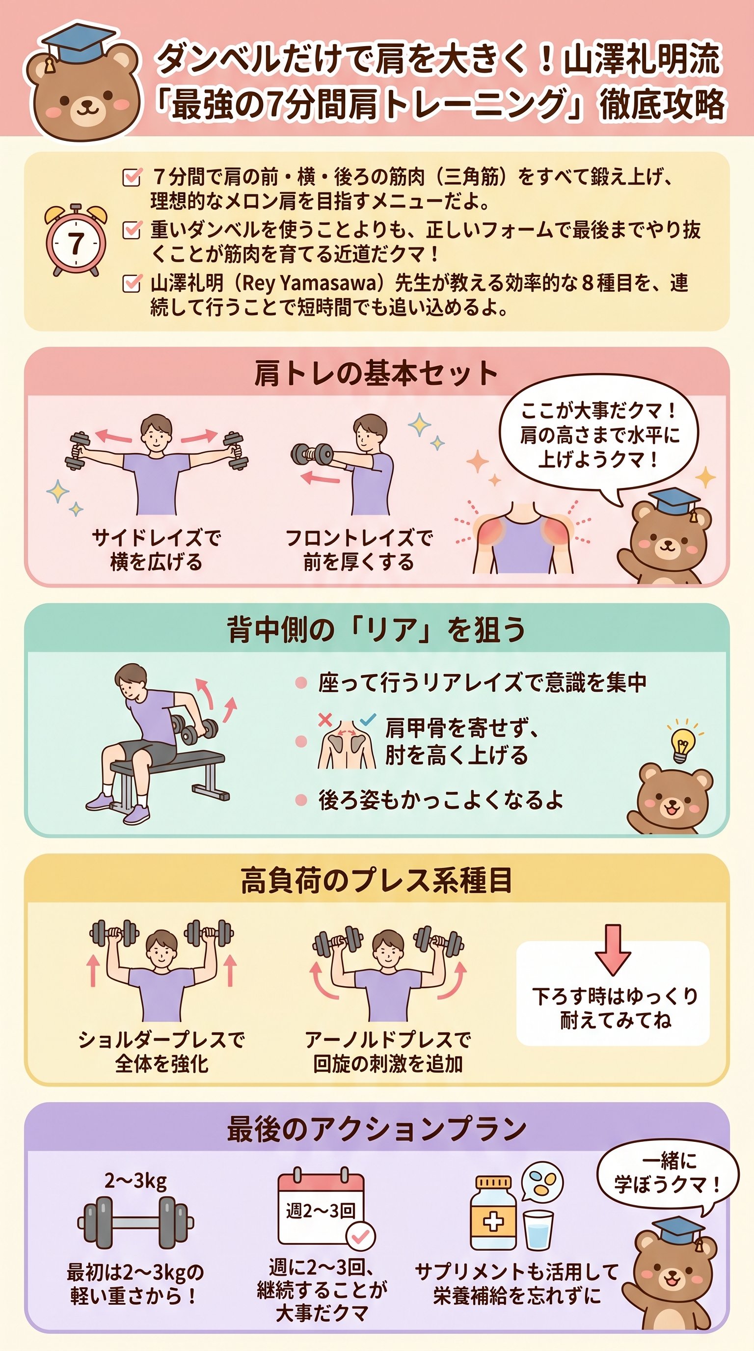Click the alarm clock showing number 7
coord(76,241)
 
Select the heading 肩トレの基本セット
coord(376,374)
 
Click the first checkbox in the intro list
coord(131,177)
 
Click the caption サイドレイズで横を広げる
coord(156,550)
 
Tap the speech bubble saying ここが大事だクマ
coord(598,435)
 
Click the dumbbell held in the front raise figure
coord(313,454)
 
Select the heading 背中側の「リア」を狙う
coord(376,629)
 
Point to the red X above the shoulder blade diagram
coord(325,720)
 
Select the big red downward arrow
coord(613,949)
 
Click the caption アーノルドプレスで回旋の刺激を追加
coord(388,1052)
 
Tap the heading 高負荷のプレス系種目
coord(376,880)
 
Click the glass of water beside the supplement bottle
coord(539,1230)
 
